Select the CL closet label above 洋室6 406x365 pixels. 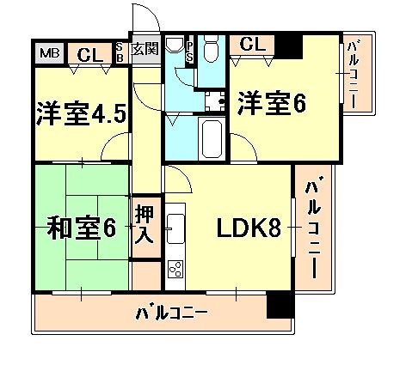click(251, 43)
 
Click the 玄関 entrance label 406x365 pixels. click(145, 48)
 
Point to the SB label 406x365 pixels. click(120, 52)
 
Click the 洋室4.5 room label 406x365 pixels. click(82, 113)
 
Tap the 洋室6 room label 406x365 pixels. click(272, 102)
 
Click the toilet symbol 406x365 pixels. click(215, 48)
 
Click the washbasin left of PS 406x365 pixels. click(175, 46)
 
